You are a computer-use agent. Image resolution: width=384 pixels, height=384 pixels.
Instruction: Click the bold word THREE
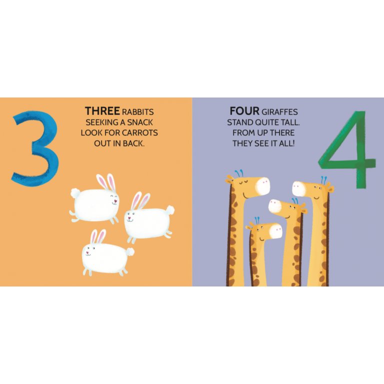click(x=102, y=111)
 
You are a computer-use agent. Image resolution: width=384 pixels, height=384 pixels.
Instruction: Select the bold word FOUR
click(x=244, y=111)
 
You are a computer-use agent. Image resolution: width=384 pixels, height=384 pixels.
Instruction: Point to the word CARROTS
click(x=140, y=132)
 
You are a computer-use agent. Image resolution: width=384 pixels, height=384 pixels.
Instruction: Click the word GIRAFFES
click(x=279, y=112)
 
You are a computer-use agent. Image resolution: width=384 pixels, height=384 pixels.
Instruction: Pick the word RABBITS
click(x=138, y=112)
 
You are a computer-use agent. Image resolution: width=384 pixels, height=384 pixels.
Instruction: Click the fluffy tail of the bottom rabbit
click(x=130, y=251)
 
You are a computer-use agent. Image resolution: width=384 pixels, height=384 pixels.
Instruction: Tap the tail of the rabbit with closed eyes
click(x=74, y=192)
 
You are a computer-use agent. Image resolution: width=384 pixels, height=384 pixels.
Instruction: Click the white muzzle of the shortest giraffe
click(x=275, y=230)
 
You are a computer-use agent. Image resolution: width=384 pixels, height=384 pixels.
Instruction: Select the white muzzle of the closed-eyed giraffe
click(x=262, y=186)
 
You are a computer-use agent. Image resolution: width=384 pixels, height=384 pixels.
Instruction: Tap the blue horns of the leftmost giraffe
click(x=239, y=173)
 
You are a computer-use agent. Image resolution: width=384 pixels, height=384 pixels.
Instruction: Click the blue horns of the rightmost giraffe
click(x=324, y=180)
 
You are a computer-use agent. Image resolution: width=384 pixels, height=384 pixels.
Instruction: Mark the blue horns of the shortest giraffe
click(x=257, y=220)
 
